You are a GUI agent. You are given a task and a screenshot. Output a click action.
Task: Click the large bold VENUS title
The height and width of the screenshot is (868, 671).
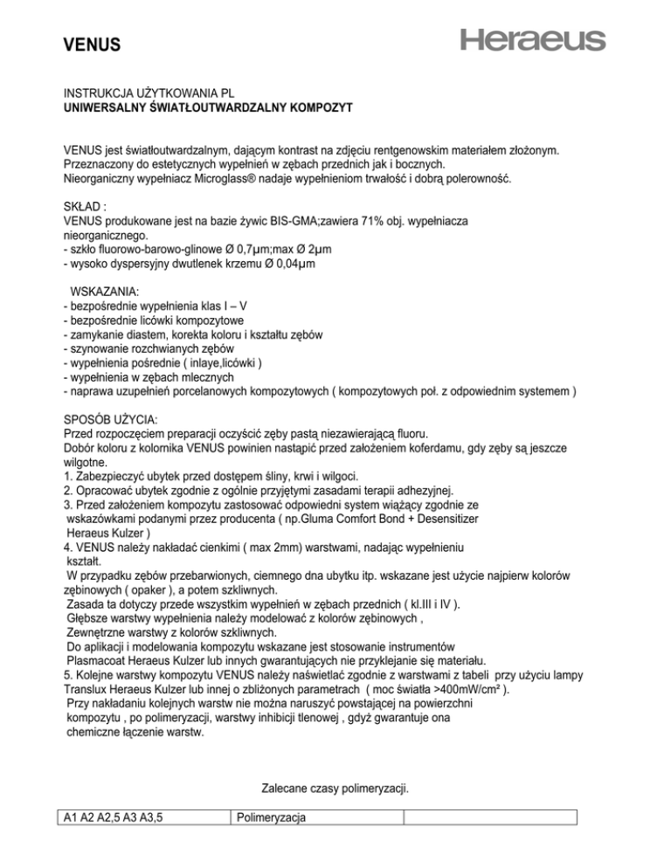(93, 44)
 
